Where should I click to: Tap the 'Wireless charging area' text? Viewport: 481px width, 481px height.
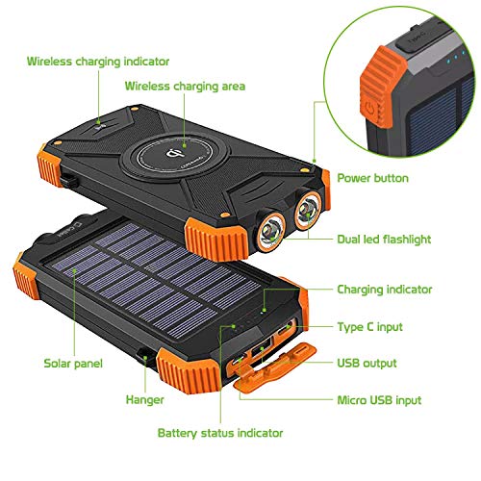(x=184, y=87)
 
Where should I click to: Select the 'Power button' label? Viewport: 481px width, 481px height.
(x=371, y=178)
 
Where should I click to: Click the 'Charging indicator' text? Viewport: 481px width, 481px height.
(x=384, y=289)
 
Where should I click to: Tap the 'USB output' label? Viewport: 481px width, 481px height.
(x=367, y=364)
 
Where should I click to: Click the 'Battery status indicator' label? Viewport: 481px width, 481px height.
(x=220, y=433)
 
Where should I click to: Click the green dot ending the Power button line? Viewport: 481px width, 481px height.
(x=315, y=162)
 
